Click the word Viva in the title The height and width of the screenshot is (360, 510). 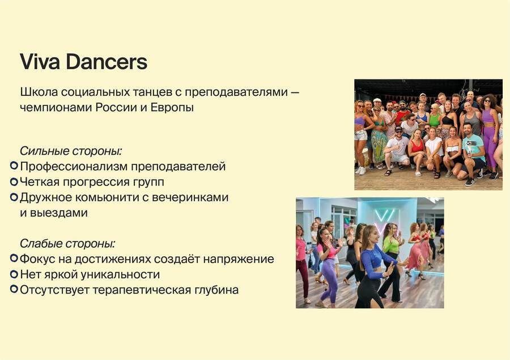pos(40,62)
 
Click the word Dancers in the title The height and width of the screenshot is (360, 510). pos(107,62)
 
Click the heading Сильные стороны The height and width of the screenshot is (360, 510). pos(71,151)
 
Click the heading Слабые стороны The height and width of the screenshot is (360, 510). pos(67,243)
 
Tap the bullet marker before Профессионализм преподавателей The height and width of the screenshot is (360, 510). pos(14,166)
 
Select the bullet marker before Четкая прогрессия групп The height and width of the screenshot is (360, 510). pos(14,181)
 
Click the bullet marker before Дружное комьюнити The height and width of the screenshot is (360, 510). pos(14,197)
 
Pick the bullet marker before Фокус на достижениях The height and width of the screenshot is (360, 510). pos(14,258)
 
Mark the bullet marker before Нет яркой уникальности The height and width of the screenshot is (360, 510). pos(14,274)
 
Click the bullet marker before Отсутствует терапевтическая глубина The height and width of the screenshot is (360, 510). pos(14,289)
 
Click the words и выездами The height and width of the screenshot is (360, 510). pos(54,213)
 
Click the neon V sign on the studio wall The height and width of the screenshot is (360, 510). pos(386,218)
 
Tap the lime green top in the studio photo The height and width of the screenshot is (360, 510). pos(392,243)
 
